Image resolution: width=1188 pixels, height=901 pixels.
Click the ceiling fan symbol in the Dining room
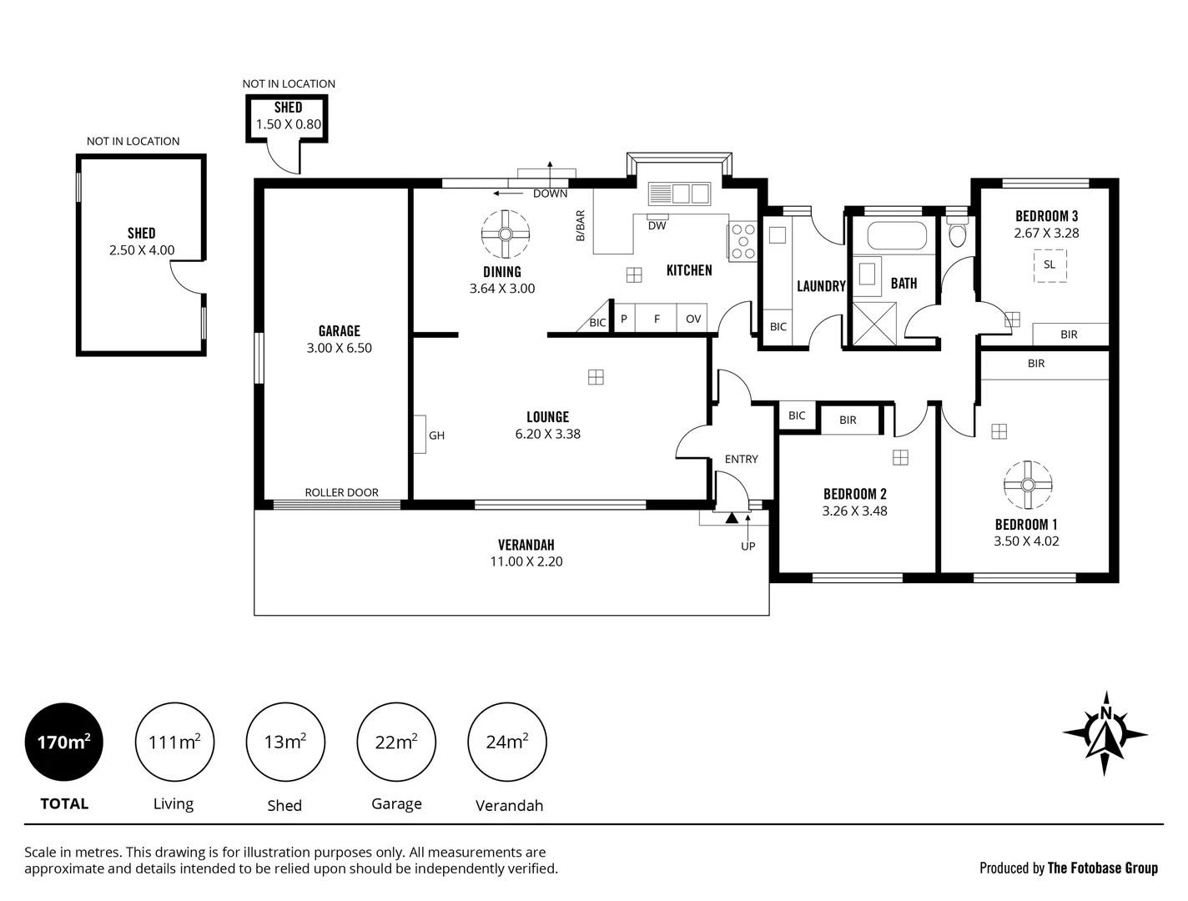tap(506, 234)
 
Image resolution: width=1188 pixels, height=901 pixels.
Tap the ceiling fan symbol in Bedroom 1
tap(1028, 485)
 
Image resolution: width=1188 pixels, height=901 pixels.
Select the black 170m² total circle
tap(64, 742)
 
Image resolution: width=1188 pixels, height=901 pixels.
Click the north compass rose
tap(1105, 733)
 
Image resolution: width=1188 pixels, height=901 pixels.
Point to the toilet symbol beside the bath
tap(958, 234)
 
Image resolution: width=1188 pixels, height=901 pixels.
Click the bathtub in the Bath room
tap(897, 235)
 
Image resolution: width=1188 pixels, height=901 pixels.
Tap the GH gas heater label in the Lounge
tap(436, 435)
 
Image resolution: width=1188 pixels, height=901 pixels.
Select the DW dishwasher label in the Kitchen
tap(657, 225)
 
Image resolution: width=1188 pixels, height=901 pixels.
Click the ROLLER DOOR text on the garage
tap(341, 492)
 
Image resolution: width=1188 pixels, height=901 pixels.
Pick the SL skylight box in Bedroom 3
tap(1050, 264)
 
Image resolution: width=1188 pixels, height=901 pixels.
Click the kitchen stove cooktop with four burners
tap(742, 242)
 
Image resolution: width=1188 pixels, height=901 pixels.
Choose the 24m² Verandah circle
tap(507, 742)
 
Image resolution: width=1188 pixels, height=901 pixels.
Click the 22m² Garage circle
tap(395, 742)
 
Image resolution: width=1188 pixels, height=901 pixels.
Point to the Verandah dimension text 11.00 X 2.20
tap(526, 561)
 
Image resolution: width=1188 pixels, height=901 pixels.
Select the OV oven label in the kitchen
tap(693, 319)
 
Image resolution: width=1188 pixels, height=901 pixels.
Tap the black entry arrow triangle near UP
tap(732, 518)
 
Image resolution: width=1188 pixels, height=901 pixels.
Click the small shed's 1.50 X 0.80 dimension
tap(288, 124)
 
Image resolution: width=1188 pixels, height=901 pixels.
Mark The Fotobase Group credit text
tap(1102, 868)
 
